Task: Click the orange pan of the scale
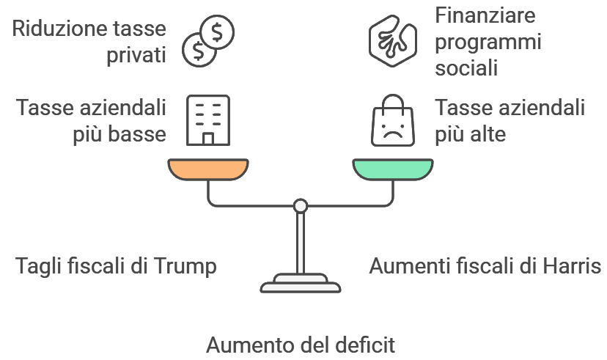click(207, 169)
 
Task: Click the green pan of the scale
click(392, 169)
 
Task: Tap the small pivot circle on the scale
click(300, 206)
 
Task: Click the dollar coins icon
click(208, 41)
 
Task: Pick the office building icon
click(208, 120)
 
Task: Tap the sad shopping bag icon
click(392, 120)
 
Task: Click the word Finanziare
click(485, 15)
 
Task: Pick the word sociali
click(467, 68)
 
